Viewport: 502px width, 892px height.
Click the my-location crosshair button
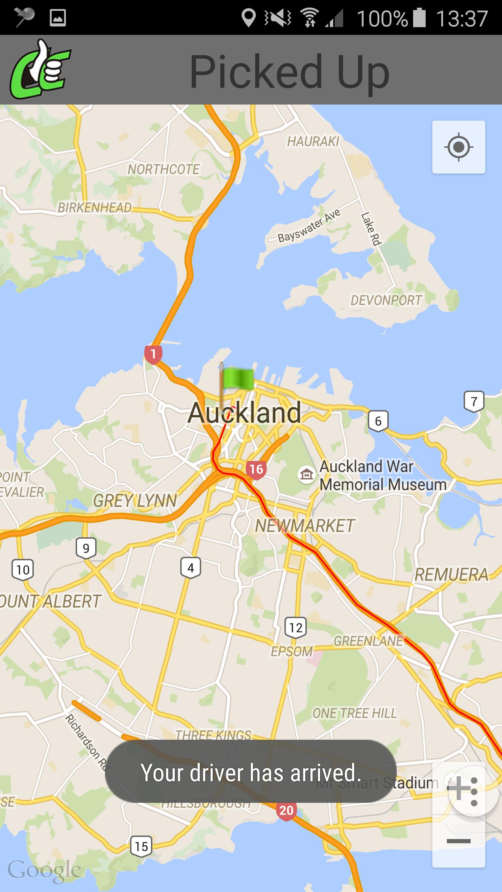(x=458, y=147)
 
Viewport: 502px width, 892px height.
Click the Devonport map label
(x=386, y=300)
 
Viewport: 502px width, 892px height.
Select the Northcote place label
(x=163, y=169)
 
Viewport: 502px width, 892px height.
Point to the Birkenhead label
(x=94, y=208)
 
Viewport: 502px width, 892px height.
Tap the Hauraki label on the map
(x=313, y=141)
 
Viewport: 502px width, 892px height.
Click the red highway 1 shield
(x=153, y=354)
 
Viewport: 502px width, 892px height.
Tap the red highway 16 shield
(x=256, y=469)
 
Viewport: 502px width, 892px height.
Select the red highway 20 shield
(x=286, y=810)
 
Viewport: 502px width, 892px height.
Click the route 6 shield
(x=378, y=421)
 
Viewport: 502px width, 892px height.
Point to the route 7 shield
(x=474, y=401)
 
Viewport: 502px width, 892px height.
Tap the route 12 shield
(x=296, y=628)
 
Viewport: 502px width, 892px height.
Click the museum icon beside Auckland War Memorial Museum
(x=306, y=474)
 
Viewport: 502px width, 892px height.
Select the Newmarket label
(x=305, y=526)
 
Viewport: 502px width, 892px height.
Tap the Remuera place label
(x=451, y=575)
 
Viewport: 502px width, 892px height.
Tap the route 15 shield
(x=141, y=846)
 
